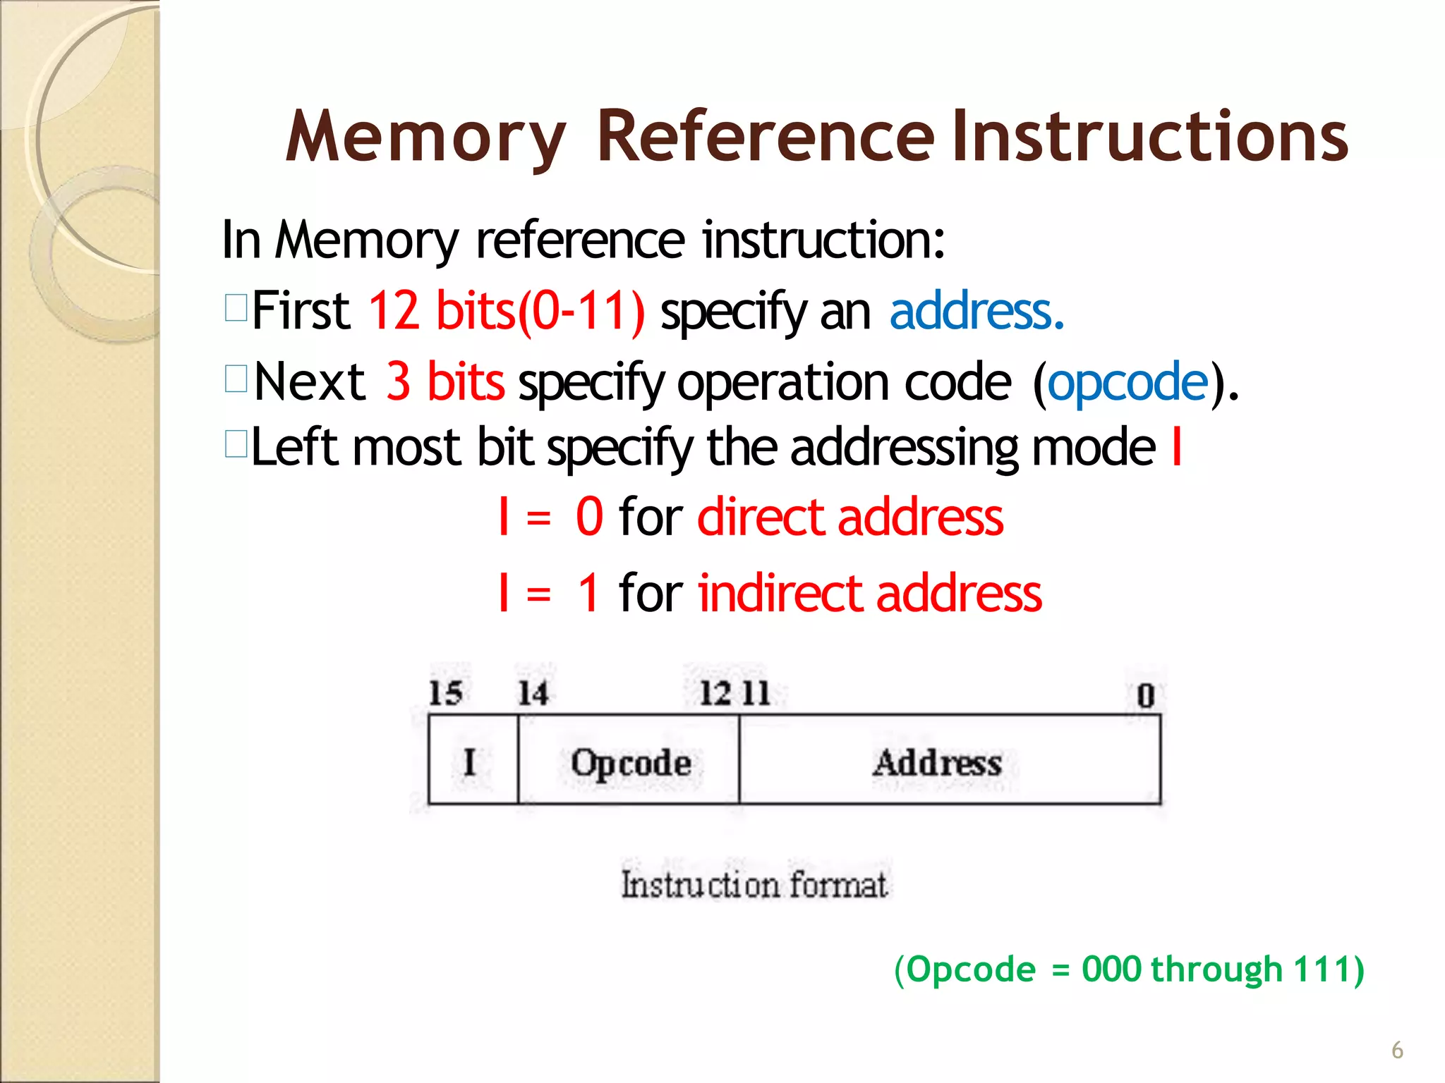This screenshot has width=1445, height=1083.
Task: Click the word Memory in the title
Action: pos(425,137)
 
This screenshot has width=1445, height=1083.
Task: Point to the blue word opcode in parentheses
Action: pos(1127,382)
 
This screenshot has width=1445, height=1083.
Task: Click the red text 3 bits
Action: pos(445,381)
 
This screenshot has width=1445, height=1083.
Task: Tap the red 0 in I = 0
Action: pos(589,517)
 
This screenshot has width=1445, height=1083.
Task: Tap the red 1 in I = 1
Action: pos(588,593)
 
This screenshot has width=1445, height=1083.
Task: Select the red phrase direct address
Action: pos(850,517)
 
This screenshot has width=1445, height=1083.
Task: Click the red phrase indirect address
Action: pos(870,593)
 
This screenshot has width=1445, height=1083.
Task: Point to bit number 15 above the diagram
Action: pos(445,693)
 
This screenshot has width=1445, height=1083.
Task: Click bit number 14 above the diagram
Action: pos(533,693)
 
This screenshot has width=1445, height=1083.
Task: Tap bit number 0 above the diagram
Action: pos(1145,695)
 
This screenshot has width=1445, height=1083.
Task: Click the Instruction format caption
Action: pos(754,884)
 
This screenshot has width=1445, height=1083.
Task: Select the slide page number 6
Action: pos(1397,1050)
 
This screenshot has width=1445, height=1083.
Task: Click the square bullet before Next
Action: pos(236,379)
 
